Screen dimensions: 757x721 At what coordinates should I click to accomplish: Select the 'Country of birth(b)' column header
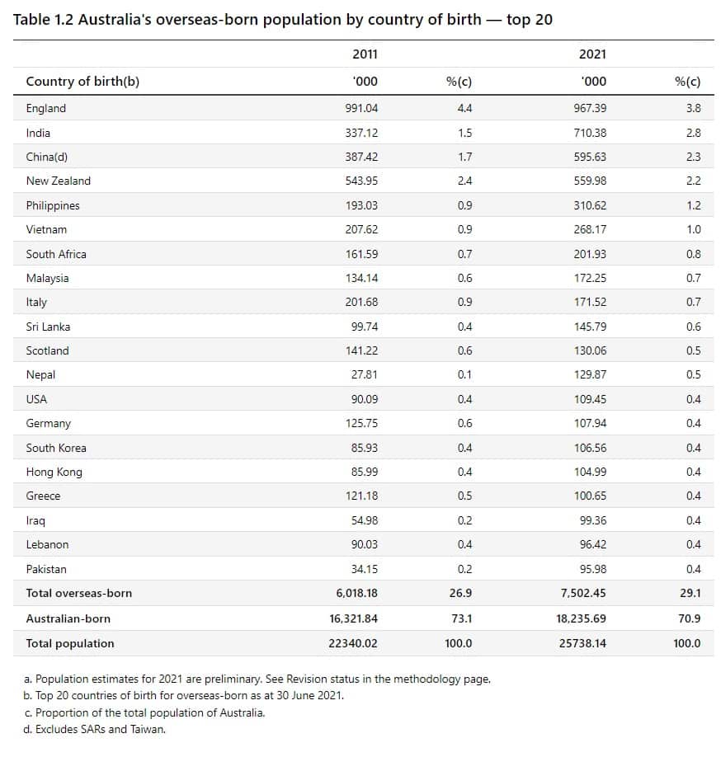click(x=77, y=81)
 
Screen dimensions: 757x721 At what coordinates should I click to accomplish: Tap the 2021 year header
click(x=592, y=54)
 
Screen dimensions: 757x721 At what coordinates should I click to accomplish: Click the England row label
click(x=46, y=108)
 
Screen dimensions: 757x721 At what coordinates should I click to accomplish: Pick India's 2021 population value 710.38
click(x=590, y=133)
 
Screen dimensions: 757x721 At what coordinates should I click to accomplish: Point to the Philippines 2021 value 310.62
click(x=590, y=205)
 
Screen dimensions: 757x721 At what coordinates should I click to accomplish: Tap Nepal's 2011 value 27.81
click(x=364, y=374)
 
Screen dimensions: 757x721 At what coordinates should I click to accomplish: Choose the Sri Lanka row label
click(x=48, y=327)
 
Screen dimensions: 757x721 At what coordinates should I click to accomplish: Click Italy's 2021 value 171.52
click(x=590, y=303)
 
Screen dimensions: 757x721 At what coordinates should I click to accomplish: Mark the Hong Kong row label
click(x=54, y=472)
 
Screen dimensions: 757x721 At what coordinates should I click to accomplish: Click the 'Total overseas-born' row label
click(x=78, y=593)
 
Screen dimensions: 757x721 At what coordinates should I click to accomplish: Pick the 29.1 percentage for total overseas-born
click(x=687, y=593)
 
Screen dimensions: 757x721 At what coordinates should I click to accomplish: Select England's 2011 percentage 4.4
click(x=464, y=108)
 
